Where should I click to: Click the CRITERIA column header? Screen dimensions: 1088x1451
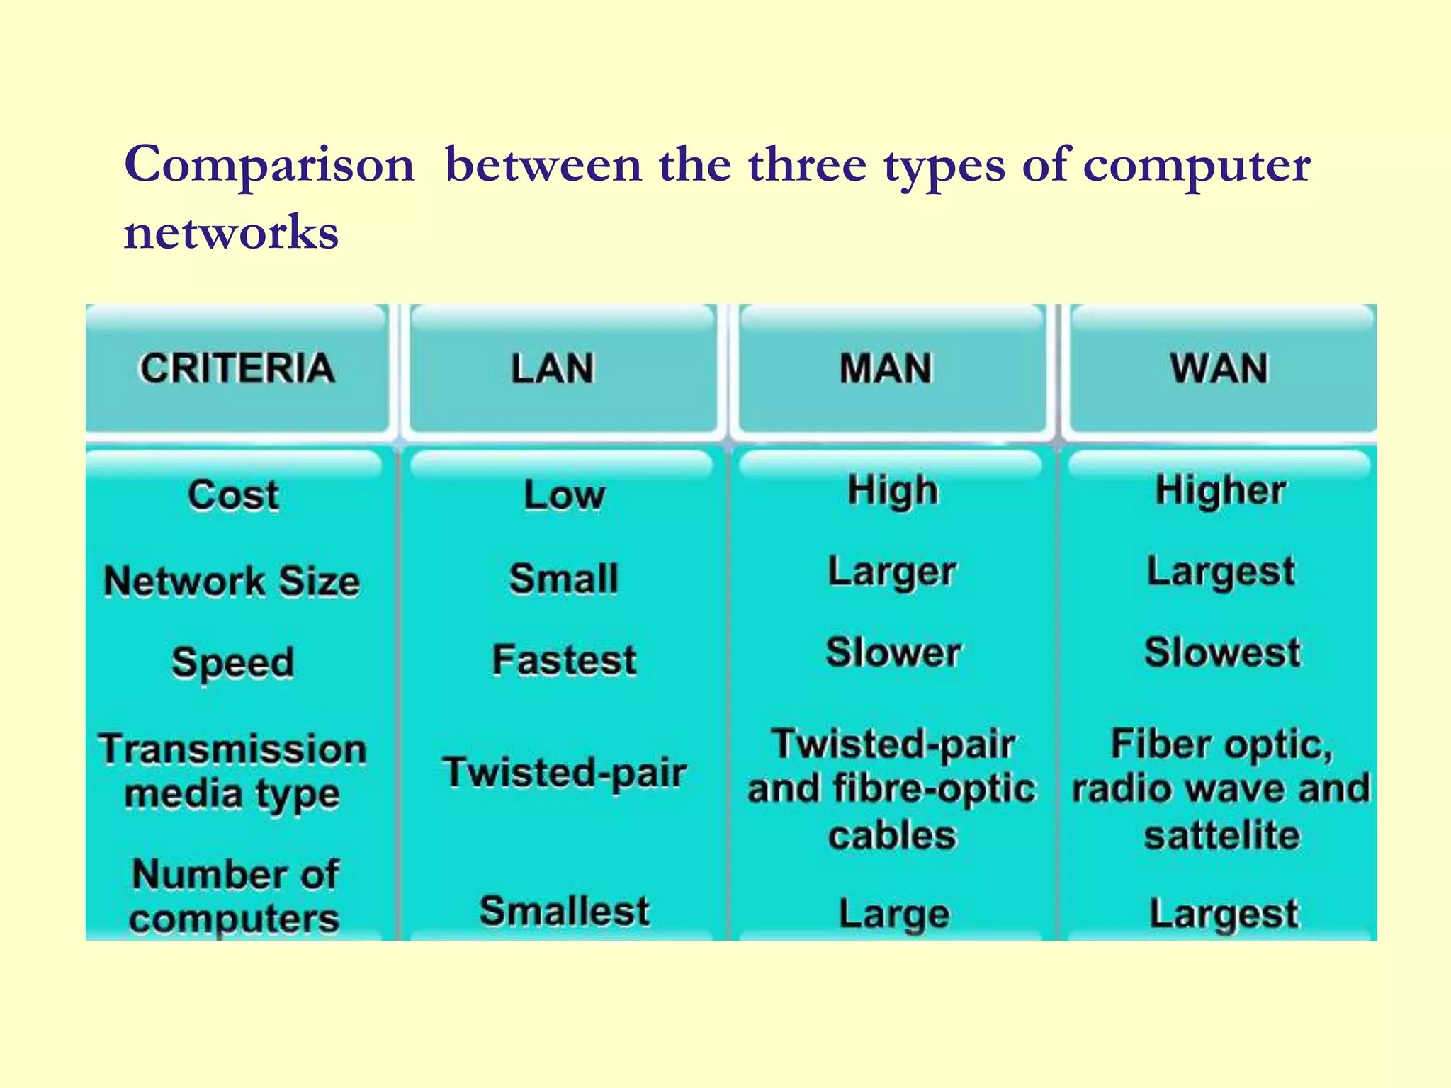point(237,368)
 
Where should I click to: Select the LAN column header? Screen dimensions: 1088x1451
point(553,369)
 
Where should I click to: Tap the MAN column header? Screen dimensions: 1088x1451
point(886,369)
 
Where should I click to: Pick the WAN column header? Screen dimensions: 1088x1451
point(1219,369)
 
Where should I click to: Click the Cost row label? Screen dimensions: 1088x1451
point(234,494)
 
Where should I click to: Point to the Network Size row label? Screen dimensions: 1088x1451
point(232,582)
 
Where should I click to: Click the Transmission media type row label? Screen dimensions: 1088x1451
point(233,771)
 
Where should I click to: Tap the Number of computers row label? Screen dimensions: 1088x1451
point(235,896)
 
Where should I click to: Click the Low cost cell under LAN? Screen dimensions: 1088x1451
point(565,494)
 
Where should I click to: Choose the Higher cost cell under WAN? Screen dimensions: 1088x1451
point(1220,490)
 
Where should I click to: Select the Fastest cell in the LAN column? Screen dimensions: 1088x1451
point(565,660)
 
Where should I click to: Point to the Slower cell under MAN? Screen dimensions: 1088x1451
point(893,652)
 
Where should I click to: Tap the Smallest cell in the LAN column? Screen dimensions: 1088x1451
point(565,911)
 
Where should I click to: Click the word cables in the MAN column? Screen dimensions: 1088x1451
point(893,835)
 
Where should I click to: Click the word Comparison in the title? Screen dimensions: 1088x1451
point(269,165)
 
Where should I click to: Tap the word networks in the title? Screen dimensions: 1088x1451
point(232,232)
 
